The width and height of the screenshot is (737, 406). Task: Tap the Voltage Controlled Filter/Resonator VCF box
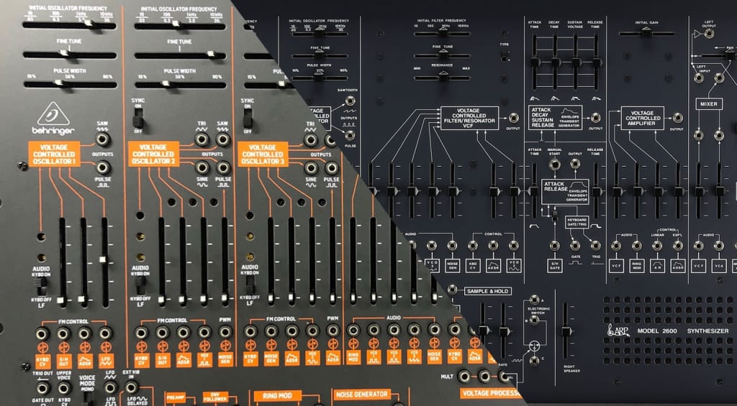click(x=469, y=118)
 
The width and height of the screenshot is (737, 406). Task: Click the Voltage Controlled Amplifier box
click(x=642, y=118)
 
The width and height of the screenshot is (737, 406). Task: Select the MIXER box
click(x=708, y=104)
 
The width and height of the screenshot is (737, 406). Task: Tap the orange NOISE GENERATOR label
click(x=361, y=394)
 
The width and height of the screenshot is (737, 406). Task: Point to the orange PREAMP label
click(x=176, y=396)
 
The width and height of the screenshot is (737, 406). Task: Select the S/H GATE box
click(x=554, y=266)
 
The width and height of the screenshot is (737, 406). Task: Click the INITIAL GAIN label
click(x=646, y=22)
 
